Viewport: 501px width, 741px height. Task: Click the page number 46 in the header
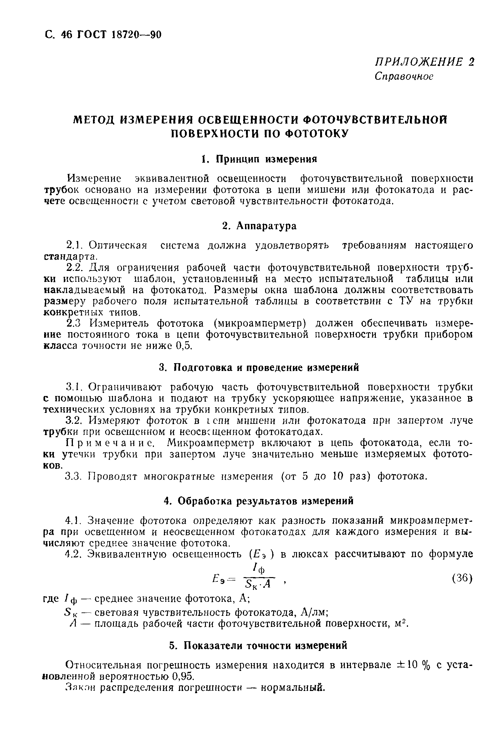point(66,35)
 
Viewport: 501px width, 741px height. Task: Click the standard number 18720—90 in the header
point(136,35)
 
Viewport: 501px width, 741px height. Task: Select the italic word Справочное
point(404,76)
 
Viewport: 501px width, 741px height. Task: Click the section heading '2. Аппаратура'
point(259,226)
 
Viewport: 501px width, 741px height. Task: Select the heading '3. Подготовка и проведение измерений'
point(259,368)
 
